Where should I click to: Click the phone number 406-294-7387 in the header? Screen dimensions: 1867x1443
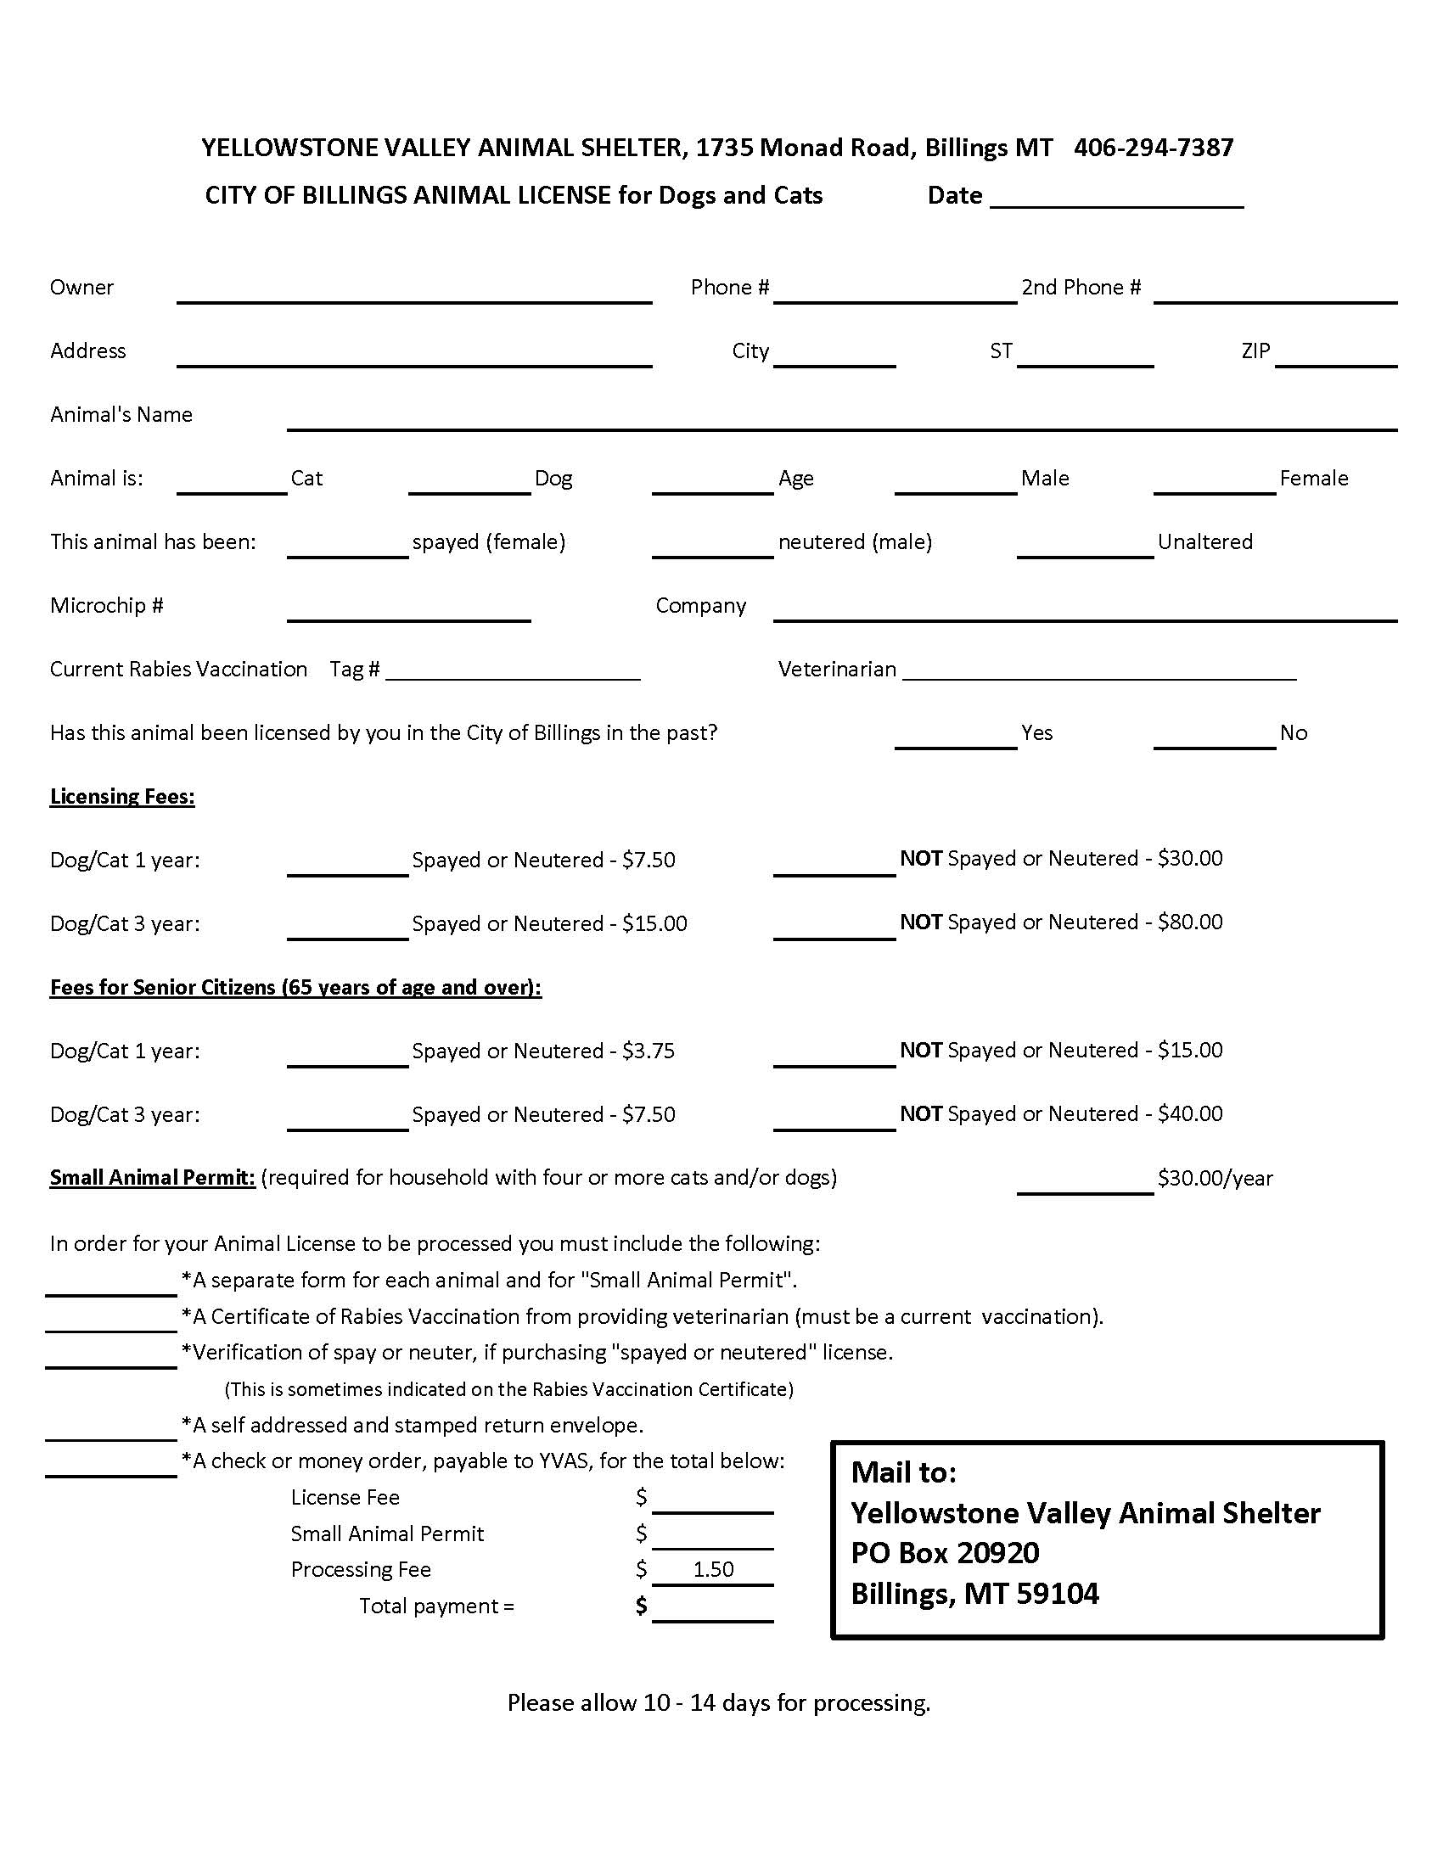coord(1154,148)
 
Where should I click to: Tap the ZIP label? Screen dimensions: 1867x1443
coord(1255,350)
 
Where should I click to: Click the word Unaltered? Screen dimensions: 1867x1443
coord(1204,541)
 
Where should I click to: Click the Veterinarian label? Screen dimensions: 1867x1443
coord(836,669)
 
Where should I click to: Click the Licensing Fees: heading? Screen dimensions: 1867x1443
coord(122,796)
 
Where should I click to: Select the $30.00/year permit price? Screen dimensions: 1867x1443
coord(1215,1178)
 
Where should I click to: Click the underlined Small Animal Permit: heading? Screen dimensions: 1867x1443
coord(152,1177)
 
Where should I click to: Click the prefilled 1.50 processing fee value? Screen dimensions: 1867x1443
coord(713,1568)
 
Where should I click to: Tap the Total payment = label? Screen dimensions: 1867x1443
coord(436,1606)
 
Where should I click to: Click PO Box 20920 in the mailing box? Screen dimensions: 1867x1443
coord(945,1552)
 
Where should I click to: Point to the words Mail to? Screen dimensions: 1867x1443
coord(904,1472)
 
